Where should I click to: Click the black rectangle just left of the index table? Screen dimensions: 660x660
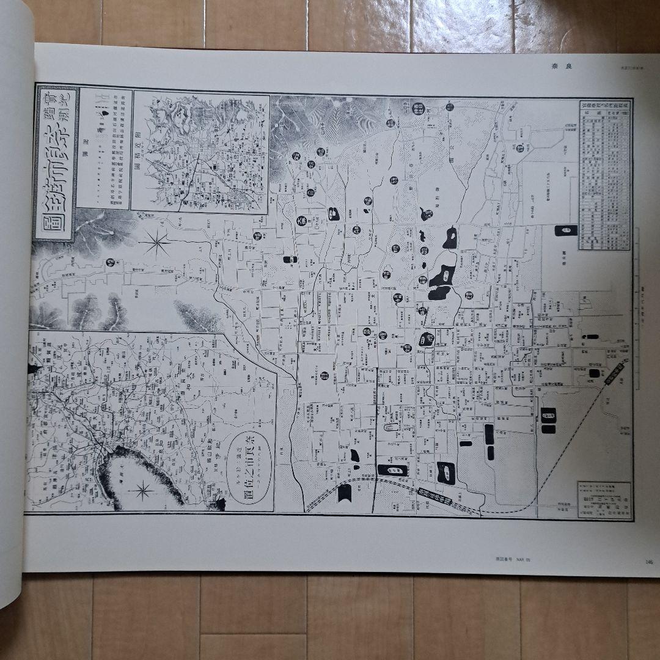pos(565,230)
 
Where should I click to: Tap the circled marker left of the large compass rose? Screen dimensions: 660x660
pos(110,262)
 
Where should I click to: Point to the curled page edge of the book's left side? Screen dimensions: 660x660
pos(15,306)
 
